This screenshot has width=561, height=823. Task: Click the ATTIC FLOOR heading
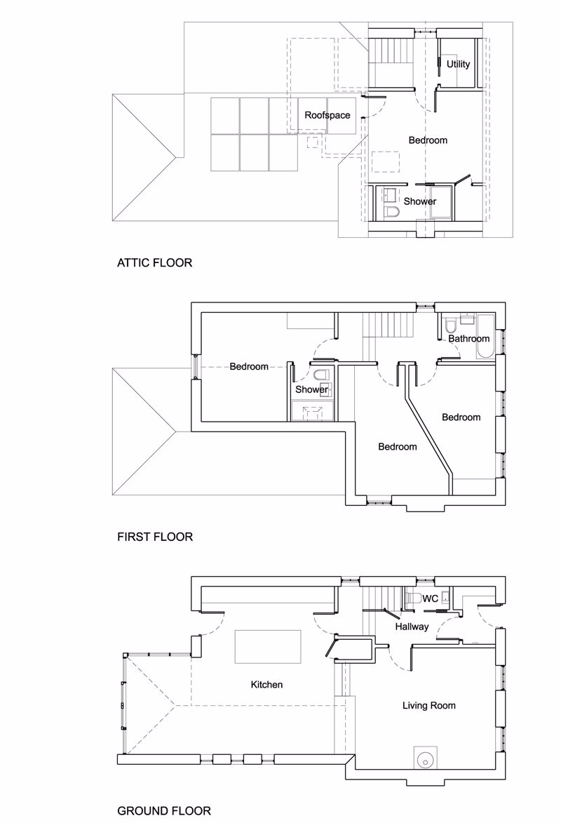[x=154, y=262]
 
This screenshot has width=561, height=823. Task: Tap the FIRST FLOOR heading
[x=155, y=537]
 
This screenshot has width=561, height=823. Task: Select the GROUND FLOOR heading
[x=163, y=811]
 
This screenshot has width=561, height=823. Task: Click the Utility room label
[x=458, y=64]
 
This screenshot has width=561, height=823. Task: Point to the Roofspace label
[x=327, y=115]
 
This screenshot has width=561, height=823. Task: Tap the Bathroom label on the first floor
[x=468, y=339]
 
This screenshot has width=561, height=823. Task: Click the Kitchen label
[x=266, y=685]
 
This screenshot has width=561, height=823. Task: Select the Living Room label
[x=428, y=705]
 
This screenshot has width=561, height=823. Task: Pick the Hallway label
[x=412, y=626]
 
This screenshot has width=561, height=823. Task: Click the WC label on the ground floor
[x=431, y=599]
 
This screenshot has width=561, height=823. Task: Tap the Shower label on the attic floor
[x=420, y=201]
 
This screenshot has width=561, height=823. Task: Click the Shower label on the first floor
[x=312, y=389]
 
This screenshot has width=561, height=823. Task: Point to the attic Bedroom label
[x=428, y=140]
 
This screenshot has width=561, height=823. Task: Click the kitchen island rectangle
[x=268, y=646]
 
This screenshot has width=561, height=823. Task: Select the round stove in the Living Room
[x=424, y=759]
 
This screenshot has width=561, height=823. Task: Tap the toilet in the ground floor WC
[x=414, y=598]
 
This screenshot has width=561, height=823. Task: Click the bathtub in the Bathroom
[x=485, y=337]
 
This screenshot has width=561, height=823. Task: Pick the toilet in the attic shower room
[x=391, y=212]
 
